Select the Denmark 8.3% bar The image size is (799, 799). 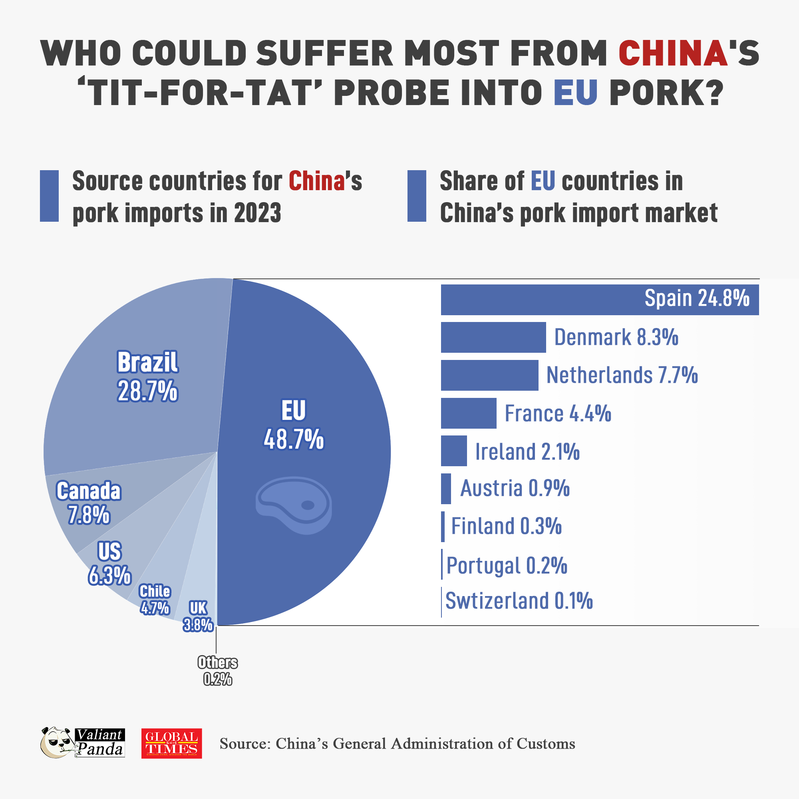(x=493, y=337)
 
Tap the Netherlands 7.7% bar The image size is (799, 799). (x=489, y=375)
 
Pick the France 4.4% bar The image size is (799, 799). (x=468, y=413)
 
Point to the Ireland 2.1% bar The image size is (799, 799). (x=454, y=451)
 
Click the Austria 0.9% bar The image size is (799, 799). (x=446, y=489)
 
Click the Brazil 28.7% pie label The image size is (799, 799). (x=148, y=376)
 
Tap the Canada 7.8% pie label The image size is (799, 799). (x=89, y=503)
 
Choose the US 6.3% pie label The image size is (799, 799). (x=109, y=563)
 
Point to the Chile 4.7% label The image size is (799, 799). (x=155, y=600)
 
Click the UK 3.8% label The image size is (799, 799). (x=198, y=616)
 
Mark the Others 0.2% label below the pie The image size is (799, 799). (x=218, y=671)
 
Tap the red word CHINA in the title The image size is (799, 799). (x=673, y=54)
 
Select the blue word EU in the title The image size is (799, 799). (x=576, y=92)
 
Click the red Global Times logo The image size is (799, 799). (x=172, y=743)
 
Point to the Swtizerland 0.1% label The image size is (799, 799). (x=519, y=601)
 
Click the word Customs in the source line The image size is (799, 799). (x=545, y=743)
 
